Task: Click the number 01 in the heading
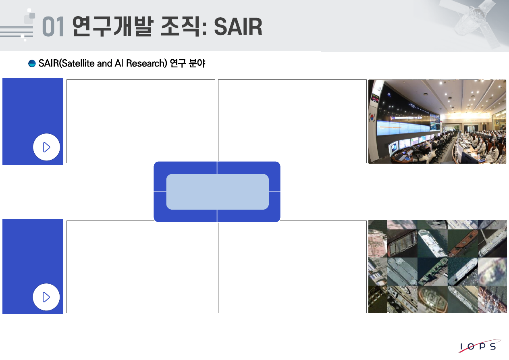click(53, 27)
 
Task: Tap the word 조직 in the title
click(181, 26)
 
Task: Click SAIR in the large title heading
click(238, 27)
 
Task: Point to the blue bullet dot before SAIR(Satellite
click(32, 63)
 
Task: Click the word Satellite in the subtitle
click(78, 63)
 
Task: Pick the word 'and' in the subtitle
click(104, 63)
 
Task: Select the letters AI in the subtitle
click(119, 63)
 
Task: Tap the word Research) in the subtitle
click(147, 63)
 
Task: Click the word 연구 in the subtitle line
click(178, 63)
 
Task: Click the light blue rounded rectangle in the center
click(218, 191)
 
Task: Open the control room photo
click(437, 121)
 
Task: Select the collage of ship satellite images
click(437, 266)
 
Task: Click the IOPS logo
click(480, 346)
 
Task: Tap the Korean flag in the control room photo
click(372, 118)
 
